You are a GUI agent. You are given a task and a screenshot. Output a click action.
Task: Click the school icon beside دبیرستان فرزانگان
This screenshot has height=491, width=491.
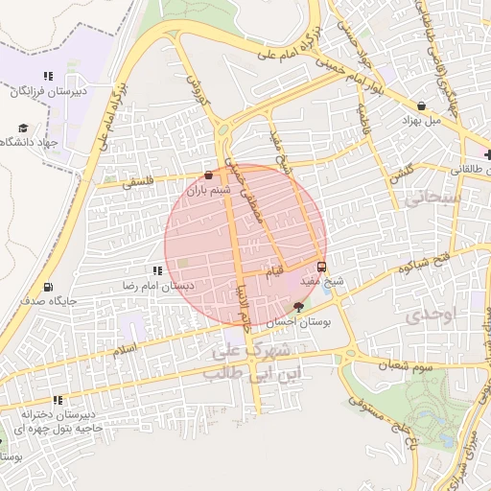(47, 77)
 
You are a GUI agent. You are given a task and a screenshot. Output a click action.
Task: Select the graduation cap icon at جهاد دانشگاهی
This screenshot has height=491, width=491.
(23, 128)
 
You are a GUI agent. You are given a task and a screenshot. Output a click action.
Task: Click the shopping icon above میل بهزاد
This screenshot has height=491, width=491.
(422, 105)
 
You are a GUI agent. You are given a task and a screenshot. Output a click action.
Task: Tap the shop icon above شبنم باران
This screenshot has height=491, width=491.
(209, 175)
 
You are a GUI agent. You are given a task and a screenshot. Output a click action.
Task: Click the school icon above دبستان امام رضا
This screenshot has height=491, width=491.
(157, 271)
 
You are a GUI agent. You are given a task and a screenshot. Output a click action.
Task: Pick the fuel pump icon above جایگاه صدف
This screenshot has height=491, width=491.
(48, 286)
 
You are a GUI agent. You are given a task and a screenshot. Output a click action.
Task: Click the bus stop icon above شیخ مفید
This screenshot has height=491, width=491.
(321, 267)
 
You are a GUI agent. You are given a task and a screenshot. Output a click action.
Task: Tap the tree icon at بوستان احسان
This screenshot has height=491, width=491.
(298, 308)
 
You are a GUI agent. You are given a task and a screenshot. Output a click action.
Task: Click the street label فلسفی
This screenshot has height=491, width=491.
(137, 180)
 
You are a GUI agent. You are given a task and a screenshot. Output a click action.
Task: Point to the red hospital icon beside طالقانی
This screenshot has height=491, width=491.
(487, 153)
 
